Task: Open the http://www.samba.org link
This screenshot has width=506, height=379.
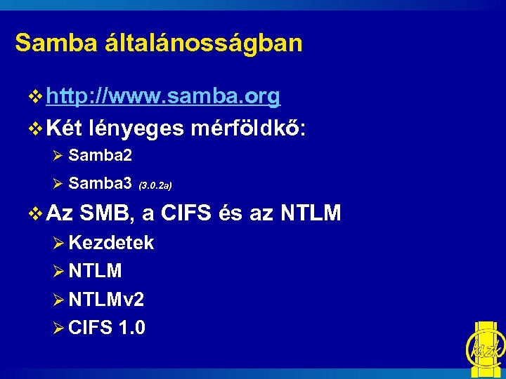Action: tap(163, 97)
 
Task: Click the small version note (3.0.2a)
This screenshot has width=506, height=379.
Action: tap(155, 186)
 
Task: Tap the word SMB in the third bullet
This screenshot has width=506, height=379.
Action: tap(106, 211)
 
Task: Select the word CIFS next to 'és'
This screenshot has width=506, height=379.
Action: tap(186, 211)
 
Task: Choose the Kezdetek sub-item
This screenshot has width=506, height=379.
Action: tap(112, 243)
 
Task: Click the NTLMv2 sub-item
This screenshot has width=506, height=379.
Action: tap(107, 300)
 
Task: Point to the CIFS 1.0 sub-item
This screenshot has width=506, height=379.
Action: tap(108, 327)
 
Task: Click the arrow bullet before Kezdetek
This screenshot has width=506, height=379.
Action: tap(60, 244)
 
